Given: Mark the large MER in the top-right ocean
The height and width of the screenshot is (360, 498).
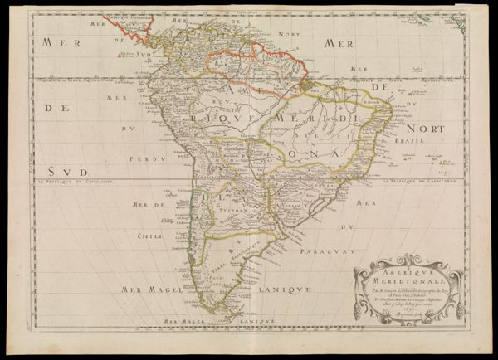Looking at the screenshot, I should click(339, 43).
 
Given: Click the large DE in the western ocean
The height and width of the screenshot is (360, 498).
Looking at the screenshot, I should click(54, 107).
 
